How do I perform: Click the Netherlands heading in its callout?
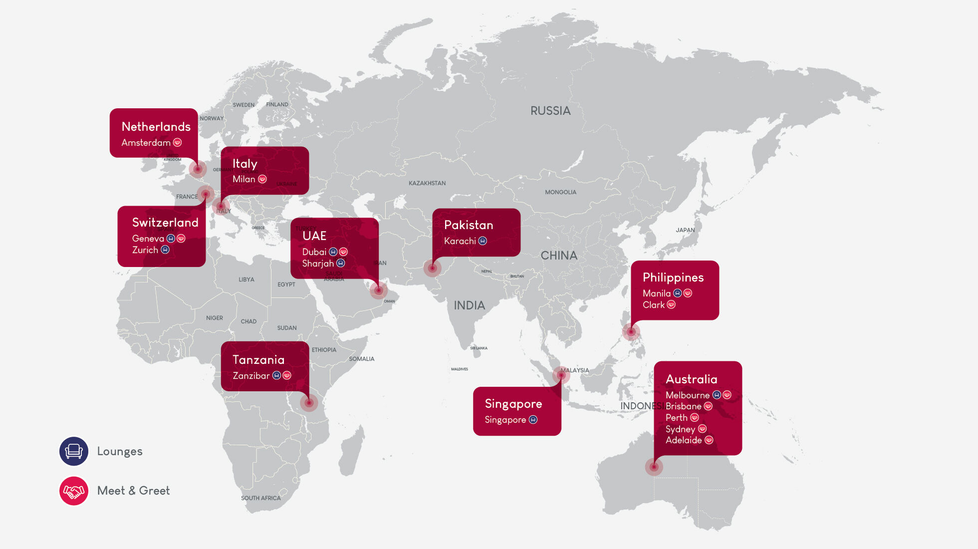[156, 127]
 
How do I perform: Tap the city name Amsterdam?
[146, 143]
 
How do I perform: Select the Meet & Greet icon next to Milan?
[262, 179]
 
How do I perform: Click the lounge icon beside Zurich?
[165, 250]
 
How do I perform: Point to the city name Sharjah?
[318, 264]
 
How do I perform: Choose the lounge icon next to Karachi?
[483, 241]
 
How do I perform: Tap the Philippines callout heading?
[673, 277]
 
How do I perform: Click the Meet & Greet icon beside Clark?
[671, 304]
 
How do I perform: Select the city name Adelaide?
[683, 440]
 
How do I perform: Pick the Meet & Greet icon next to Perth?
[695, 418]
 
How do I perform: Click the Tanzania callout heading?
[258, 360]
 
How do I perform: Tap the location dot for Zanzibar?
[309, 402]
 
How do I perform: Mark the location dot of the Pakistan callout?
[432, 269]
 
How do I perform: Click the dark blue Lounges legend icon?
[74, 451]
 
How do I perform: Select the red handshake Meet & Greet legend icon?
[74, 491]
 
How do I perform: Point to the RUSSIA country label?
[550, 111]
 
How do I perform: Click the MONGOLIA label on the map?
[560, 192]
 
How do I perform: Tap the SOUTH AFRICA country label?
[260, 498]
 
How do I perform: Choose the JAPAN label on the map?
[685, 230]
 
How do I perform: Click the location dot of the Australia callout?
[654, 467]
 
